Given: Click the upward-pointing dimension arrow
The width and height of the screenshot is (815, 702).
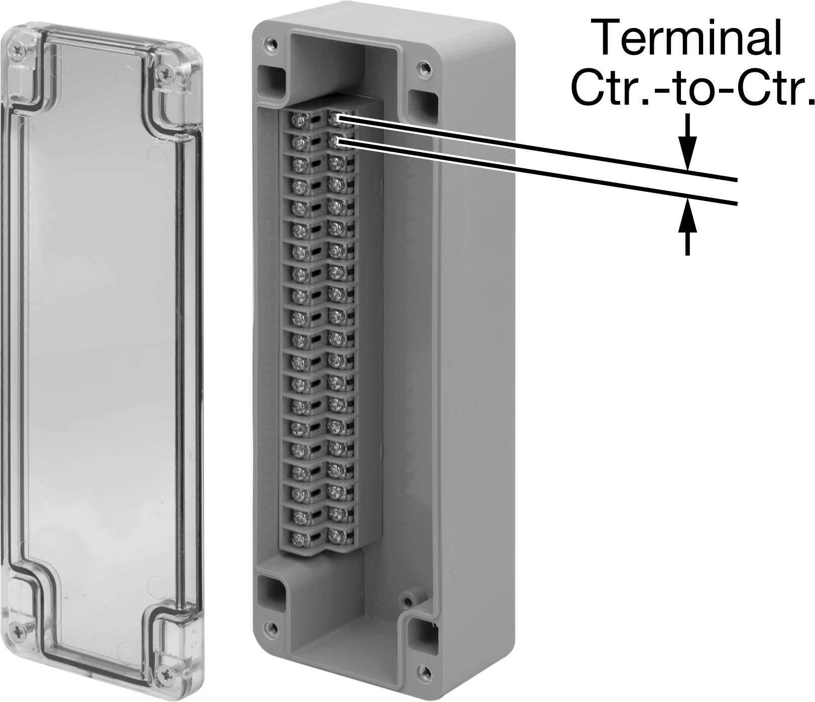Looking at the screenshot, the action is pyautogui.click(x=688, y=226).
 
